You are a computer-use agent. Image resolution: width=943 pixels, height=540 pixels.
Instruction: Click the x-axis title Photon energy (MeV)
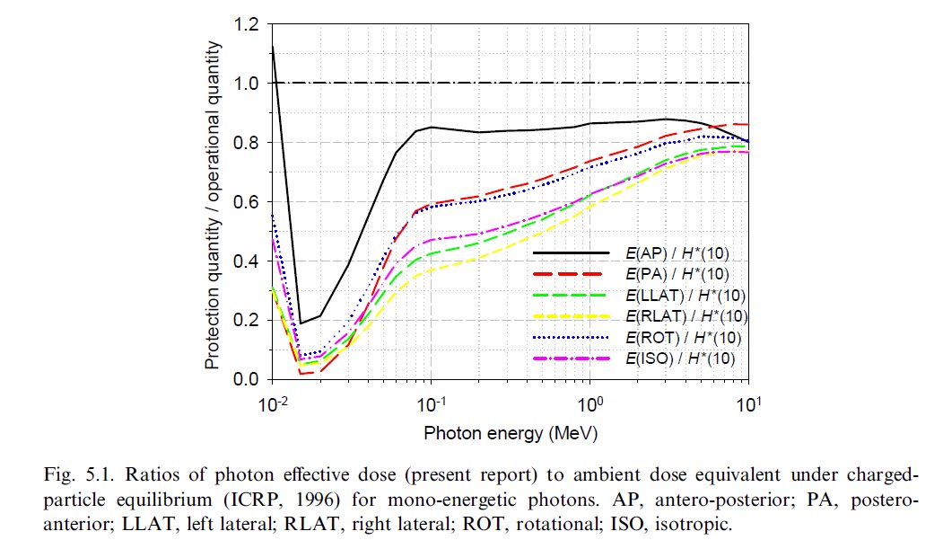point(511,433)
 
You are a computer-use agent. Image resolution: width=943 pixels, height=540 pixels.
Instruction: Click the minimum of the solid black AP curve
point(301,323)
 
